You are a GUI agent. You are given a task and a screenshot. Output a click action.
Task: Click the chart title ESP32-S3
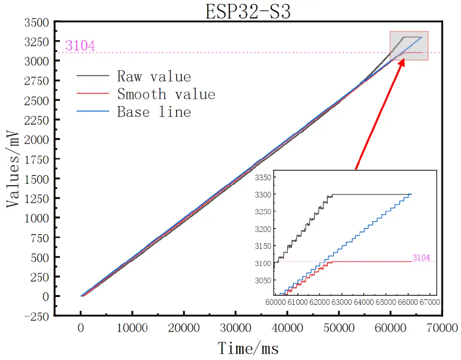[x=248, y=12]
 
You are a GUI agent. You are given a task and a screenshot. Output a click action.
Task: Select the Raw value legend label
[x=154, y=77]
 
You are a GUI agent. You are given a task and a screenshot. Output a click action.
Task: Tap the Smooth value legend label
[x=166, y=94]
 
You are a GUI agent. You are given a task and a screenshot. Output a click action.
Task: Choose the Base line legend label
[x=154, y=112]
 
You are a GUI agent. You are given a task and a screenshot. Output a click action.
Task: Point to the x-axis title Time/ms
[x=248, y=348]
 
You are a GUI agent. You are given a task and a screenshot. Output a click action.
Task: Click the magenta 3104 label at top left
[x=80, y=46]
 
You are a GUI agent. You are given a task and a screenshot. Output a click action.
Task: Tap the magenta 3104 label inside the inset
[x=421, y=257]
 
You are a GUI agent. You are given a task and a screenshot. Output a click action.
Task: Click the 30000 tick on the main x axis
[x=236, y=328]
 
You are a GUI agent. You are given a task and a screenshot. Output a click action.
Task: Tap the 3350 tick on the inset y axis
[x=263, y=178]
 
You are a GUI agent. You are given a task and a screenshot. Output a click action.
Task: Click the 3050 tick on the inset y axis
[x=263, y=280]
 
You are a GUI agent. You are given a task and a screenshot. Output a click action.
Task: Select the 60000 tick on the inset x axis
[x=275, y=302]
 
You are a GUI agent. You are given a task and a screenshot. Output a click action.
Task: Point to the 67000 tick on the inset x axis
[x=429, y=302]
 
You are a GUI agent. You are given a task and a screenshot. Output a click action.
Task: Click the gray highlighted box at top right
[x=409, y=45]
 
